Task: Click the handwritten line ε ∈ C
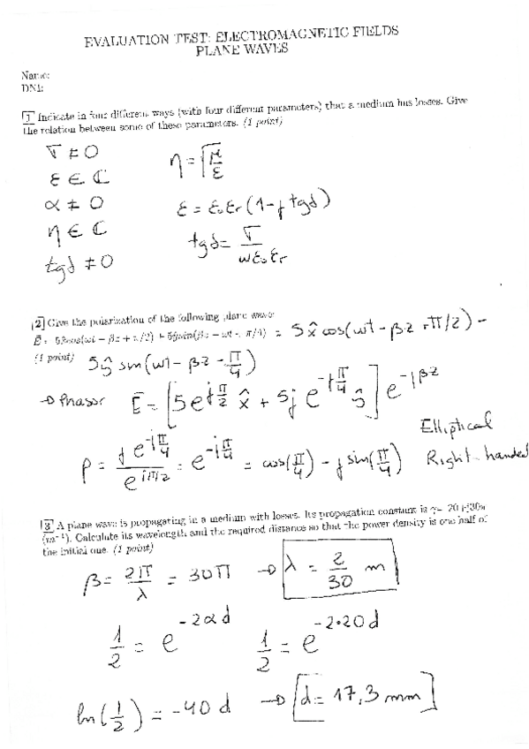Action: (x=65, y=177)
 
